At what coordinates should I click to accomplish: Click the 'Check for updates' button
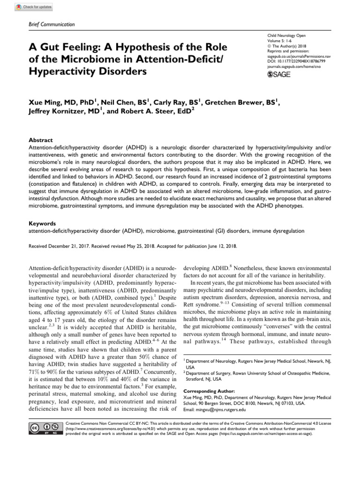tap(34, 7)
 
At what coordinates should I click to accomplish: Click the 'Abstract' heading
tap(41, 140)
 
